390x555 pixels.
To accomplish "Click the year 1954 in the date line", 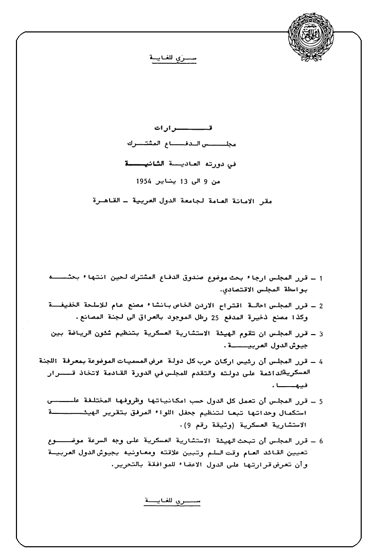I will click(147, 181).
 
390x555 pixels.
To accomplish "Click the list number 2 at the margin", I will click(321, 306).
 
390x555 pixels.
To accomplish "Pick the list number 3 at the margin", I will click(321, 334).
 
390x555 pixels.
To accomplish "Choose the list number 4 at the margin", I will click(321, 361).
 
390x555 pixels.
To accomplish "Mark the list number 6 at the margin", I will click(321, 441).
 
